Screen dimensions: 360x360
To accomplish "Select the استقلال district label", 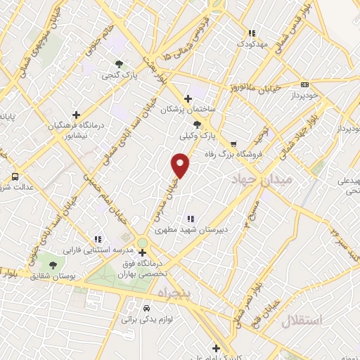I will pos(302,321).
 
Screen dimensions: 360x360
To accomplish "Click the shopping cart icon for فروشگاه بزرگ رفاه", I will pos(233,144).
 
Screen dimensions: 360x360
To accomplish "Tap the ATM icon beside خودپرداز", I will pos(304,83).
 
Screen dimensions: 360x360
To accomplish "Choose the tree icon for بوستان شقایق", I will pos(53,264).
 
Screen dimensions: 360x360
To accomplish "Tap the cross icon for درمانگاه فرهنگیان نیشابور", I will pos(77,115).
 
